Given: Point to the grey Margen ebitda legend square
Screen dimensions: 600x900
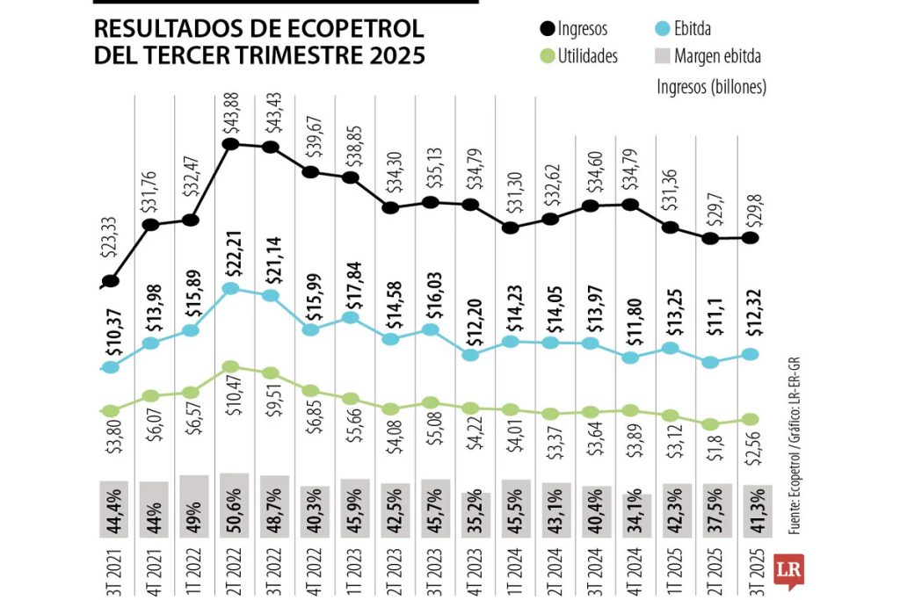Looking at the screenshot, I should point(664,57).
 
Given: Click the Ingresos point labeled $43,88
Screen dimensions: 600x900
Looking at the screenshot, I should point(231,144).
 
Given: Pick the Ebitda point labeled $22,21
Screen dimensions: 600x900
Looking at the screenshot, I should point(231,288).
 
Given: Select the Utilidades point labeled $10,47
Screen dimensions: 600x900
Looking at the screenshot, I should point(231,367).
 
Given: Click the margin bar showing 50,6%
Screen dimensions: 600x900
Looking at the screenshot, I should point(232,505).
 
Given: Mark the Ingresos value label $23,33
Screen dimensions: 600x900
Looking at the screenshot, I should point(111,245).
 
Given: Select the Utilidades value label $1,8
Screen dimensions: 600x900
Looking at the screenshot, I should point(711,457).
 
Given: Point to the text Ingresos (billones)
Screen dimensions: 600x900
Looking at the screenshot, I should point(712,86).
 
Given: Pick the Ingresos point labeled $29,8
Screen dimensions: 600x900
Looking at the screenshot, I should point(751,237).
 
